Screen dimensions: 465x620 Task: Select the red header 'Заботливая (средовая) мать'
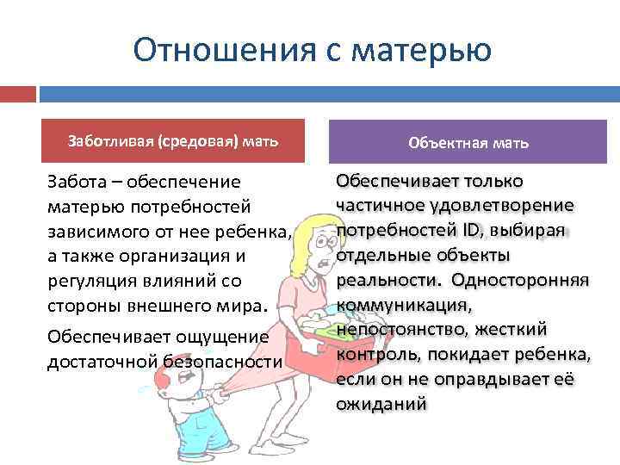tap(173, 141)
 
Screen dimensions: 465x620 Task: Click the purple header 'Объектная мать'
tap(469, 143)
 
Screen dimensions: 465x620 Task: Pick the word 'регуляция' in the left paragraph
tap(91, 282)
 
